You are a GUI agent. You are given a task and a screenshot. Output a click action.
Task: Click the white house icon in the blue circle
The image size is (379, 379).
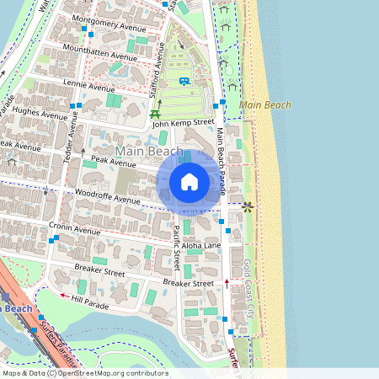189,181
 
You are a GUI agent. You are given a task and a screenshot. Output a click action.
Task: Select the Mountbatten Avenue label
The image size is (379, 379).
105,53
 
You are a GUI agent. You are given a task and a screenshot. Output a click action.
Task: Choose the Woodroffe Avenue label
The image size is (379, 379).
107,199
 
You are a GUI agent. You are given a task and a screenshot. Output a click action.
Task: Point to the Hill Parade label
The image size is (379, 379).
90,302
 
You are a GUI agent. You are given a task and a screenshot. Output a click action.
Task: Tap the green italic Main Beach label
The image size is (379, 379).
264,105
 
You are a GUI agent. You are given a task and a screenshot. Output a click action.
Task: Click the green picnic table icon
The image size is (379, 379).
155,114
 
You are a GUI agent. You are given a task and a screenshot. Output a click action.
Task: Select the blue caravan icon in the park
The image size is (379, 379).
183,82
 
